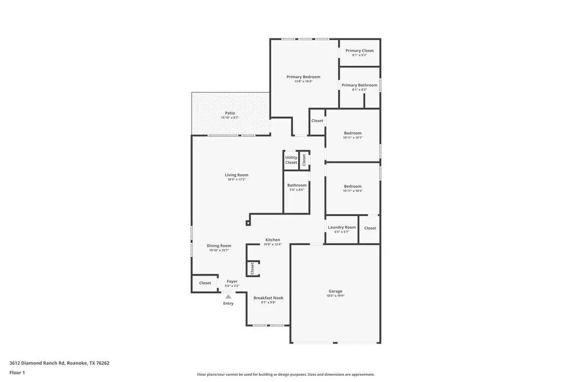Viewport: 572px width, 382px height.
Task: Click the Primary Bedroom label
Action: [x=303, y=77]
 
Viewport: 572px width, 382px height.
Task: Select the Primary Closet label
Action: [x=359, y=51]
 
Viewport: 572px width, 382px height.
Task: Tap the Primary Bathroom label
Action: [x=359, y=85]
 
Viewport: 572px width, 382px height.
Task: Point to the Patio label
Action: [x=230, y=113]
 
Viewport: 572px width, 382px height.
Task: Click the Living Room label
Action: [x=236, y=175]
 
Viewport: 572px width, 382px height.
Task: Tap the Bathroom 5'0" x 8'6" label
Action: [x=297, y=186]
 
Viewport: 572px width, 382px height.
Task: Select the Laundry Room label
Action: [x=341, y=227]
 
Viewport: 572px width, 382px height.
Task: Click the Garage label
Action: [x=335, y=292]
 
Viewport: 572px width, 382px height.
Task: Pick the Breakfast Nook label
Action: [x=268, y=298]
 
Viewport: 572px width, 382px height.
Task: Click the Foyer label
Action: [x=232, y=282]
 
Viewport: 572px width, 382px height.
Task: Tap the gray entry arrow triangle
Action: [x=228, y=296]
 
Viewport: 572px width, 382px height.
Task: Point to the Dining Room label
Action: [x=219, y=246]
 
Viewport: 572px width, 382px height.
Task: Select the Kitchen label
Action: [x=272, y=240]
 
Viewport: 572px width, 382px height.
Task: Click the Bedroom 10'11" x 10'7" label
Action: [x=352, y=133]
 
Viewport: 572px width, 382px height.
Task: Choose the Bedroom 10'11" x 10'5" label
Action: [x=352, y=187]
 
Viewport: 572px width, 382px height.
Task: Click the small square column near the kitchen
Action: [x=248, y=223]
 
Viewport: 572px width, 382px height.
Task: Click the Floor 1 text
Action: [x=17, y=372]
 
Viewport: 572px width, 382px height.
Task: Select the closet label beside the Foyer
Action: [x=205, y=283]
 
